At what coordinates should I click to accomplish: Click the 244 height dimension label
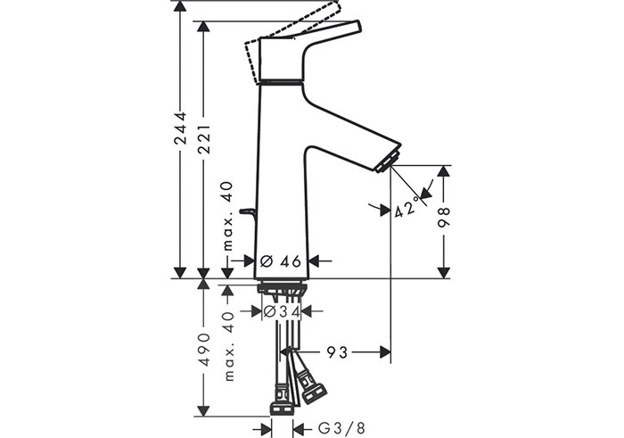[181, 128]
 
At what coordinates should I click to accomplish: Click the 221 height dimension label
[204, 139]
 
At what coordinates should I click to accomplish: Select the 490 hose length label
[204, 350]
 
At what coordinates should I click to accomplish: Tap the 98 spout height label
[443, 217]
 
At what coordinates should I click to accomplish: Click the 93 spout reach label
[337, 352]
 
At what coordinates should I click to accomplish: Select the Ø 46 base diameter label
[281, 261]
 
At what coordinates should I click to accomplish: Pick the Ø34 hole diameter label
[282, 311]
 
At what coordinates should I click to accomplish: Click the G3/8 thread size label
[341, 428]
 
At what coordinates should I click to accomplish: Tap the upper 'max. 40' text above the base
[227, 216]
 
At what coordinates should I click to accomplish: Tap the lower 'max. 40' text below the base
[228, 346]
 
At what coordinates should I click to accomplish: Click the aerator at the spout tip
[388, 161]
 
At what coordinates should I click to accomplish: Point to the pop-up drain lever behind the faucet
[247, 213]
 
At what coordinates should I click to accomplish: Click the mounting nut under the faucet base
[282, 287]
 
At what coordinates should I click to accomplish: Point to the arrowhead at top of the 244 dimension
[181, 6]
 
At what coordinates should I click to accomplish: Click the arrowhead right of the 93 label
[385, 352]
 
